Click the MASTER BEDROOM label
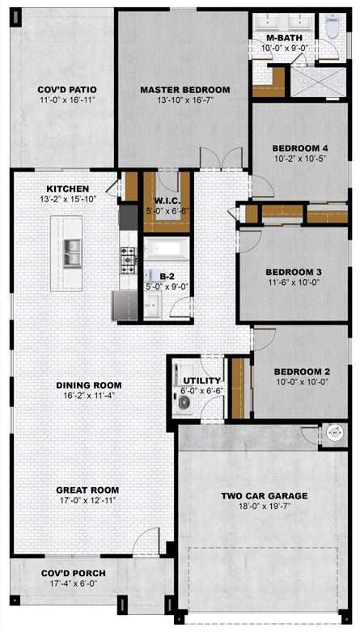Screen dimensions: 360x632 coord(185,90)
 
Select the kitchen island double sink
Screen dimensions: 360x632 coord(72,252)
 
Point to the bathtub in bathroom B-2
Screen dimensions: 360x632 coord(166,248)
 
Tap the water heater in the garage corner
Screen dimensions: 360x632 coord(334,433)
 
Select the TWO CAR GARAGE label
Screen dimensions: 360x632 coord(264,496)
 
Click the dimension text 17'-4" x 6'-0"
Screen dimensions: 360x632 coord(74,583)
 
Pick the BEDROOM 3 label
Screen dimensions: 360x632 coord(294,272)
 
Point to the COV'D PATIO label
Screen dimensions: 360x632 coord(67,90)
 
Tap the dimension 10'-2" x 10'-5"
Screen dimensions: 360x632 coord(299,158)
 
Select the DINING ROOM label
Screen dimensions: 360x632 coord(89,385)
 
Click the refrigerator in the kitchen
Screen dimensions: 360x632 coord(125,305)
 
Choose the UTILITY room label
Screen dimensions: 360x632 coord(202,380)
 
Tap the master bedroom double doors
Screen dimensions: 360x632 coord(222,158)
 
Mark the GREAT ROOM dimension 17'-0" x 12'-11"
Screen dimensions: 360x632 coord(87,501)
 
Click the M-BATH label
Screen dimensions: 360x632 coord(285,38)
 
